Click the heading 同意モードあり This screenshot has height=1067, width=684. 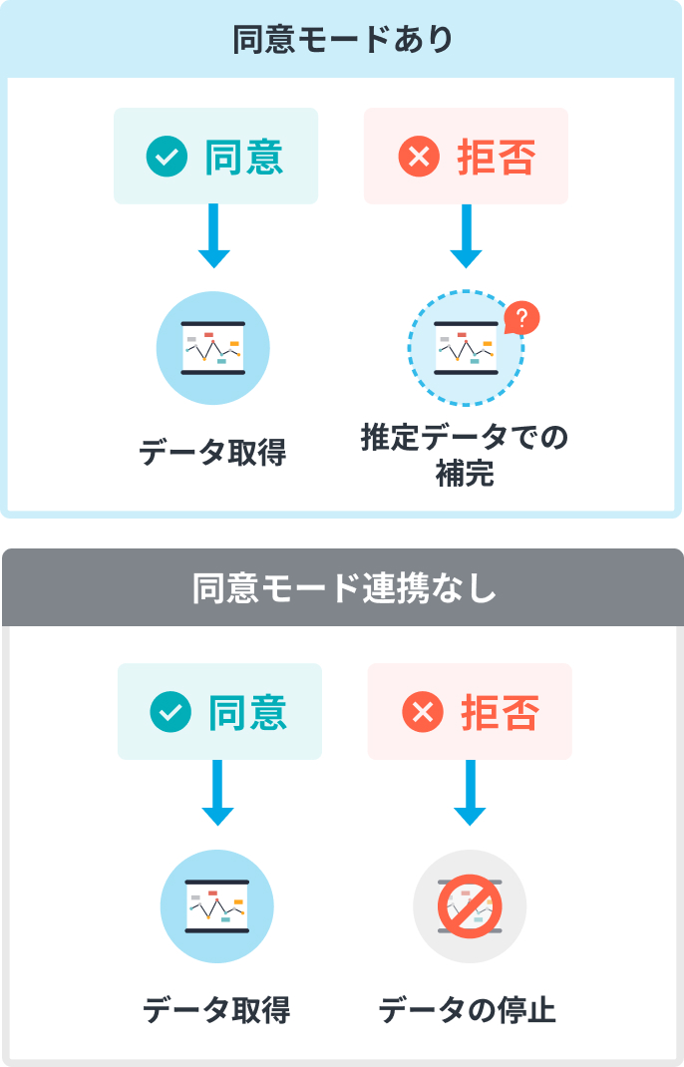342,40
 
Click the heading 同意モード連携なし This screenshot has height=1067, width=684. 342,588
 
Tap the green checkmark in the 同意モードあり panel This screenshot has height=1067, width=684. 167,157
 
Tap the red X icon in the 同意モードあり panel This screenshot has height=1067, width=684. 418,157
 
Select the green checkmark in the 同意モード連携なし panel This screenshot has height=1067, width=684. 171,712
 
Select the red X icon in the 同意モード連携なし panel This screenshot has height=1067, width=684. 422,712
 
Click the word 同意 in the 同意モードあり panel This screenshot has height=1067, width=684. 244,157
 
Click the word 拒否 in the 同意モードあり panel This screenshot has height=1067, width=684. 496,157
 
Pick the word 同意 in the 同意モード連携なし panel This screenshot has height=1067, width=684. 248,712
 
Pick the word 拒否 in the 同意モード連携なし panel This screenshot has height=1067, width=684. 500,712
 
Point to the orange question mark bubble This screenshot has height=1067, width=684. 521,318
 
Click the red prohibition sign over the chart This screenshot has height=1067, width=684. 470,906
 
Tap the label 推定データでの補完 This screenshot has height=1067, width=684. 465,456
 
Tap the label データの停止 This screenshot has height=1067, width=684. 467,1011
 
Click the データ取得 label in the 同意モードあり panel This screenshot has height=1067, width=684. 213,453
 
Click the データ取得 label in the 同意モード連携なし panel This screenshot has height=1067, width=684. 216,1011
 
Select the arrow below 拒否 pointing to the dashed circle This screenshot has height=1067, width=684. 466,237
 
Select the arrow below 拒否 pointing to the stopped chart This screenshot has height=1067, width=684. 470,793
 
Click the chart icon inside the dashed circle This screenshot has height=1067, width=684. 465,347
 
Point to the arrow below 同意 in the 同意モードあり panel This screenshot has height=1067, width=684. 214,237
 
